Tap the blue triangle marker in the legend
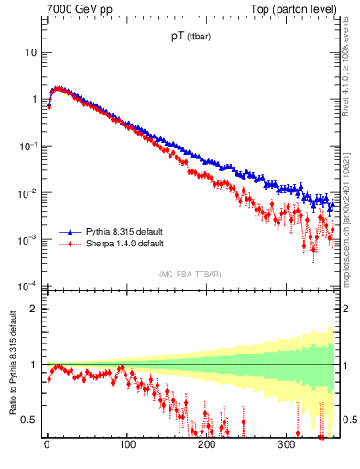(x=70, y=232)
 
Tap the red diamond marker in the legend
(x=70, y=245)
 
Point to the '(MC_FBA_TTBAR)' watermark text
(x=189, y=275)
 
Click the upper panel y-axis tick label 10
(x=30, y=52)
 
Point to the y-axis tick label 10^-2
(x=28, y=192)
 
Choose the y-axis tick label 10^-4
(x=28, y=286)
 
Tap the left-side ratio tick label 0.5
(x=30, y=420)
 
